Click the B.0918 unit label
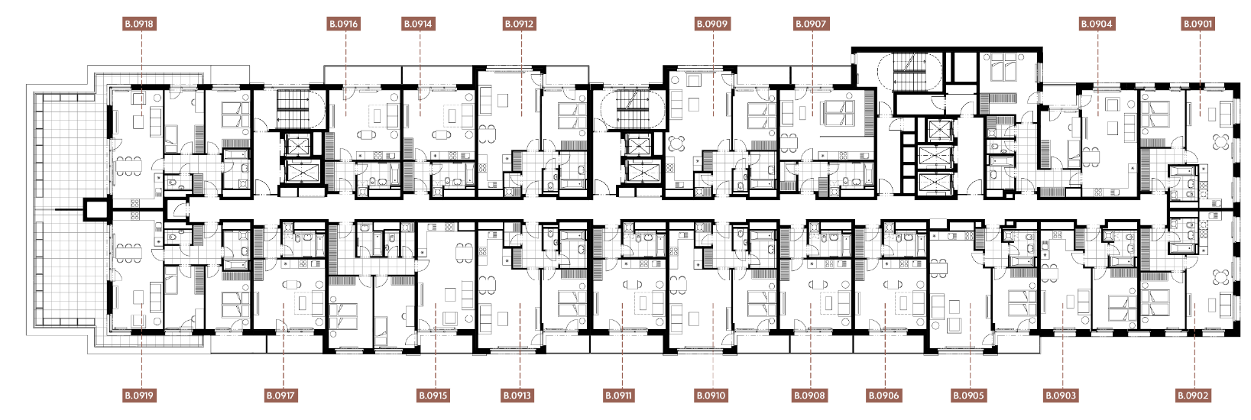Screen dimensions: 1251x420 [x=139, y=24]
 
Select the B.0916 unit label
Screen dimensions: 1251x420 [x=343, y=24]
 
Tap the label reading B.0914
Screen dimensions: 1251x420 [x=418, y=24]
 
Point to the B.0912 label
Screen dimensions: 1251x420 [x=520, y=24]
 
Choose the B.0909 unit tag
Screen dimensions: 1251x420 [x=713, y=24]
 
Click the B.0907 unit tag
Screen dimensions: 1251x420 [x=811, y=24]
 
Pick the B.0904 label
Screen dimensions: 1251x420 [x=1097, y=24]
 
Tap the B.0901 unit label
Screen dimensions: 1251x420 [x=1198, y=24]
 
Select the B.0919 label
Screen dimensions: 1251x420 [x=139, y=396]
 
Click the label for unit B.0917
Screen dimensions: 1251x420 [x=280, y=396]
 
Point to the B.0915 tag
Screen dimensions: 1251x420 [x=433, y=396]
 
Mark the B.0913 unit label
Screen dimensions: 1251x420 [x=517, y=396]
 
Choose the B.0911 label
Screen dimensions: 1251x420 [x=619, y=396]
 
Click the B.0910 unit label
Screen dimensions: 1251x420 [x=711, y=396]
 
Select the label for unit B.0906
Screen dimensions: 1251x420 [x=884, y=396]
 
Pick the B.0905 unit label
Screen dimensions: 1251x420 [x=968, y=396]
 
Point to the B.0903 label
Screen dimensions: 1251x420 [x=1061, y=396]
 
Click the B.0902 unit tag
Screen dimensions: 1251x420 [x=1194, y=396]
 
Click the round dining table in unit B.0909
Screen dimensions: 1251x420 [x=677, y=145]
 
